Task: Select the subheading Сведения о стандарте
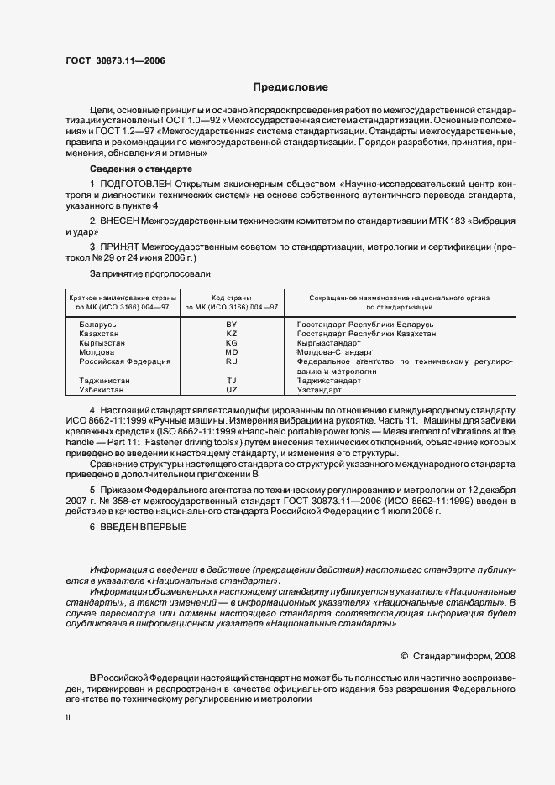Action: coord(134,169)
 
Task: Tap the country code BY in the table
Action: coord(233,324)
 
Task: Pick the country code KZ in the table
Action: coord(233,333)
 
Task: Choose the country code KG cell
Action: coord(233,343)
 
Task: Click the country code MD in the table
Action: coord(233,352)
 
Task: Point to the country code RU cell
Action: coord(233,361)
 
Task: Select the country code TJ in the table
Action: coord(233,381)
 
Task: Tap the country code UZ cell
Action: coord(233,390)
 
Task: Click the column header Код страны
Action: coord(233,298)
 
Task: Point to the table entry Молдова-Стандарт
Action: coord(336,352)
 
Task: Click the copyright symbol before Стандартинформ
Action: coord(404,656)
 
